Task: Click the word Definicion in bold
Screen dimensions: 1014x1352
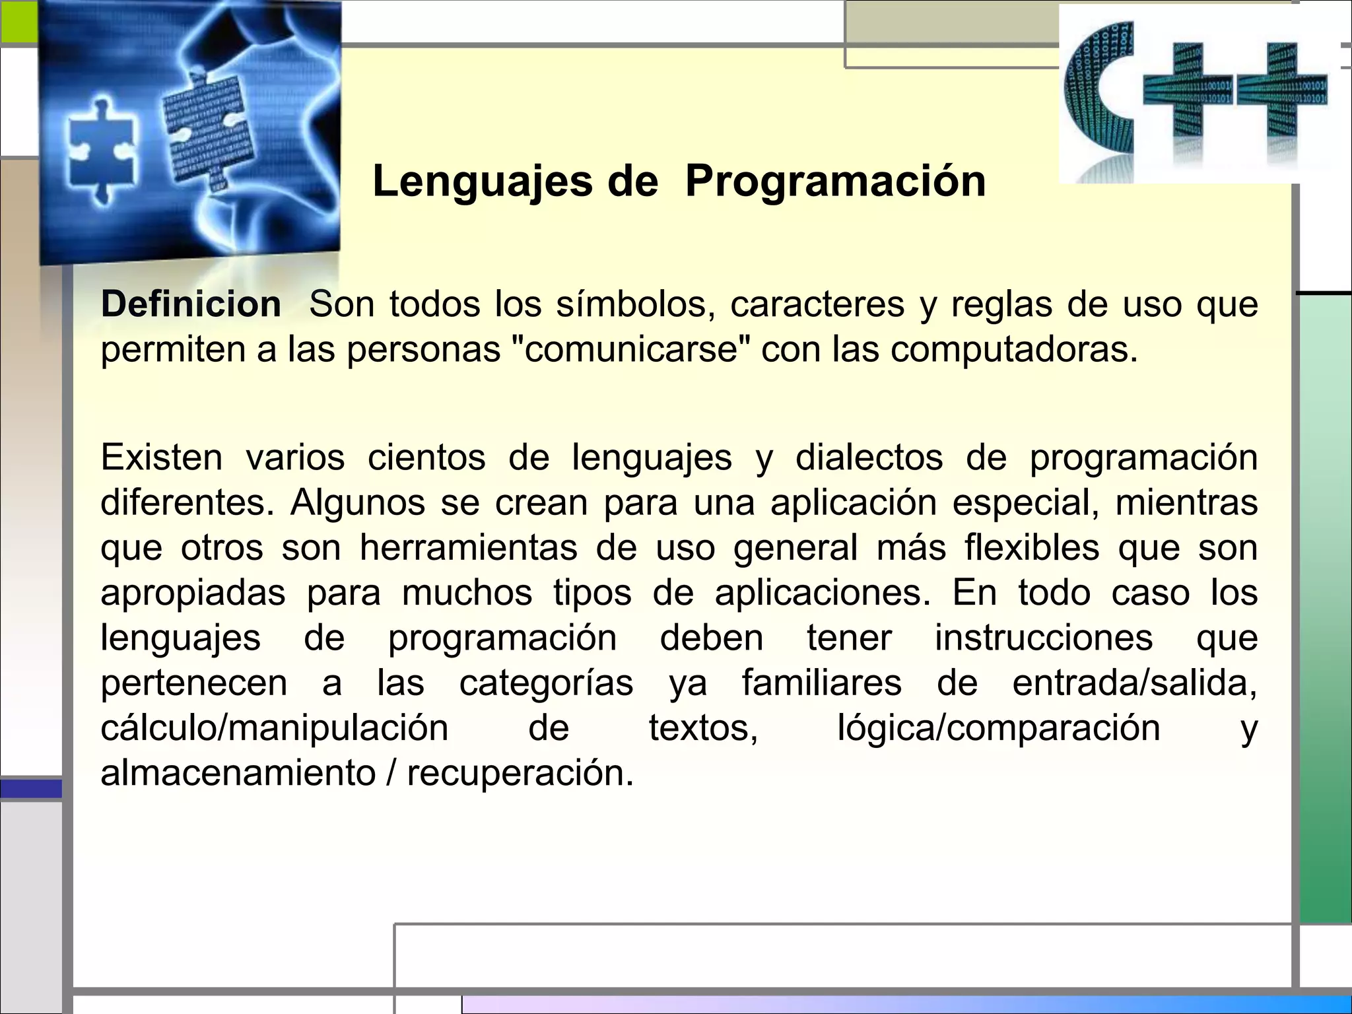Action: [191, 305]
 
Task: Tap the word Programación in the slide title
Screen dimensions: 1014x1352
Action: [835, 181]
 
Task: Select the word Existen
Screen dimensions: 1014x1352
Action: [162, 457]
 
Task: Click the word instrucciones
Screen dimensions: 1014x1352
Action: [1043, 638]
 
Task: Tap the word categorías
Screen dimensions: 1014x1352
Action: [546, 683]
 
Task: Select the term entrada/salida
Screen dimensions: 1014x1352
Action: [1134, 683]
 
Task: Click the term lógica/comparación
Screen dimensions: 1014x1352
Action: [998, 728]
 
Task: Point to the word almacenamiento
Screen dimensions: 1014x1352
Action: [238, 773]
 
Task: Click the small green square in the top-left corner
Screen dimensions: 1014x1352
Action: [18, 21]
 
